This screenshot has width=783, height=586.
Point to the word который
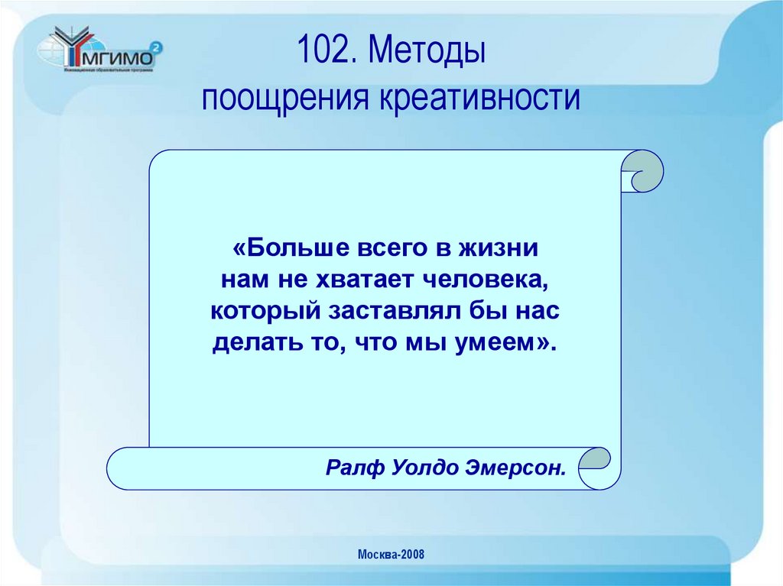click(x=264, y=312)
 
